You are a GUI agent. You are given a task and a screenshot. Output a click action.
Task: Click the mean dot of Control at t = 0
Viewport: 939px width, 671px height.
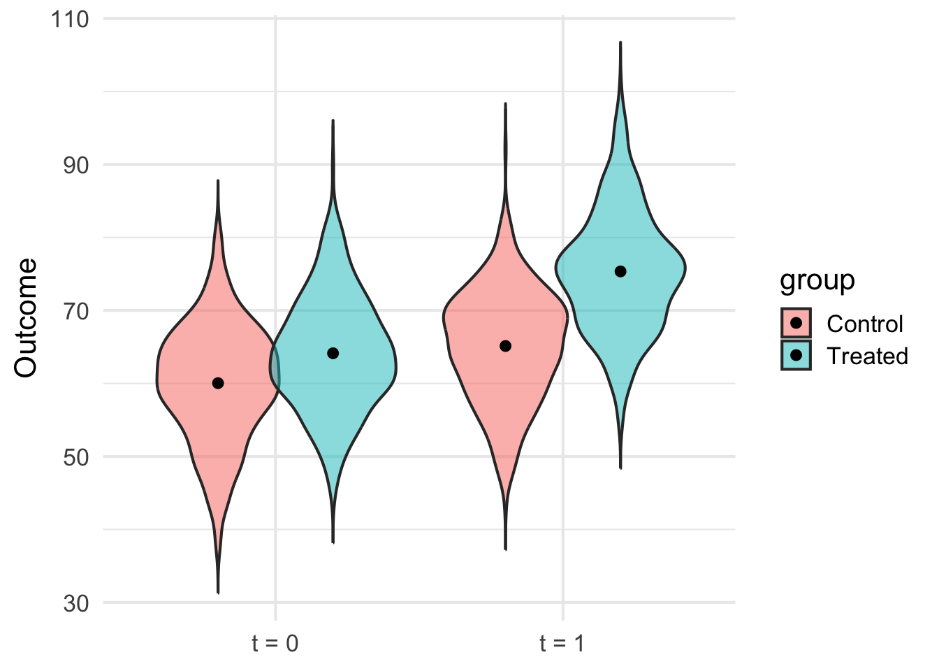(218, 383)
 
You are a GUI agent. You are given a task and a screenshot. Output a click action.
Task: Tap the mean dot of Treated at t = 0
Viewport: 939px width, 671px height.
(333, 353)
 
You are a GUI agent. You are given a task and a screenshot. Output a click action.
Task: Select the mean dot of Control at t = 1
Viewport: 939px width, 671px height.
(505, 346)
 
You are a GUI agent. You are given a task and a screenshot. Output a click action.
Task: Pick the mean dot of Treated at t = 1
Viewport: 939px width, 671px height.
(620, 271)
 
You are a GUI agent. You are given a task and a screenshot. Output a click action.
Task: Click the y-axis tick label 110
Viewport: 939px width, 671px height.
(70, 19)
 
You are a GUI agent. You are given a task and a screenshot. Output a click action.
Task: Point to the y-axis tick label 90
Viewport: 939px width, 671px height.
(76, 165)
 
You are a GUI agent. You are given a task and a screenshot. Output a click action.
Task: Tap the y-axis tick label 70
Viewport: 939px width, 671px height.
(76, 311)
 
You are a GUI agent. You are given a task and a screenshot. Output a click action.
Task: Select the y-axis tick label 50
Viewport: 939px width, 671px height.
(76, 457)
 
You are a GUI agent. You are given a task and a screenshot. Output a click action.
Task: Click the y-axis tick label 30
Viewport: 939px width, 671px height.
(76, 603)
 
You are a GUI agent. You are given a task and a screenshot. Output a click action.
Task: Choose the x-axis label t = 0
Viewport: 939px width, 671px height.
(275, 643)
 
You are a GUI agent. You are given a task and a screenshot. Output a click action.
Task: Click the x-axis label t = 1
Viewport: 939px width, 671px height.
(562, 643)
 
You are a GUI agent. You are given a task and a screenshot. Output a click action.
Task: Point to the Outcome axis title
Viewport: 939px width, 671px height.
(26, 318)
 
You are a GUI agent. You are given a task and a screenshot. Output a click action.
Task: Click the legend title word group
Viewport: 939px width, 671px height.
(817, 280)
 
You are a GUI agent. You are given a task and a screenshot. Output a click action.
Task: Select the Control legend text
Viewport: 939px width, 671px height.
(864, 324)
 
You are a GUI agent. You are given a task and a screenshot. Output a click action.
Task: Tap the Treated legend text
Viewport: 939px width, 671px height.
(867, 356)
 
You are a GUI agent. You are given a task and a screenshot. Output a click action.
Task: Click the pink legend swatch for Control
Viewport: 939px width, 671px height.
(796, 323)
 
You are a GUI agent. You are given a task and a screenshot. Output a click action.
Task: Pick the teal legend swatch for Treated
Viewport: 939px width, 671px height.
(796, 355)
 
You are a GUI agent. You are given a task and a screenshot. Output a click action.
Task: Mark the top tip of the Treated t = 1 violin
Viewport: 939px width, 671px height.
(620, 43)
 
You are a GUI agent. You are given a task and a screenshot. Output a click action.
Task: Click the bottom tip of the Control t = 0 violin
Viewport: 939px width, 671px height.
(218, 593)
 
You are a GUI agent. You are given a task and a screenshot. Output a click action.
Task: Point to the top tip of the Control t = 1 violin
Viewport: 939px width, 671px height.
(505, 103)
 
